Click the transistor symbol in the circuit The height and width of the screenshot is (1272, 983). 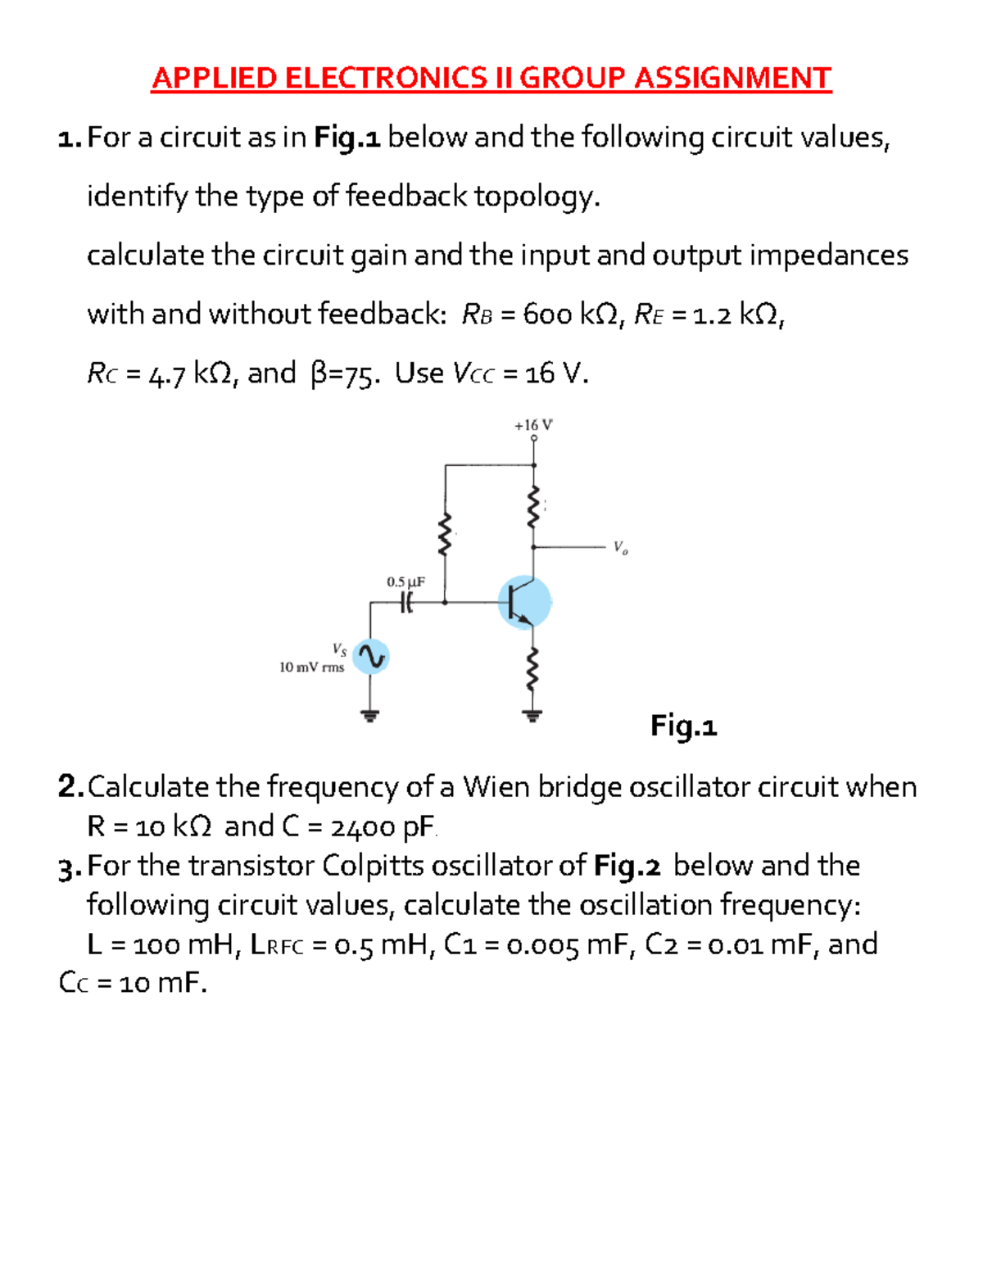click(524, 602)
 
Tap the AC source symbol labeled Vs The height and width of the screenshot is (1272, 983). click(370, 657)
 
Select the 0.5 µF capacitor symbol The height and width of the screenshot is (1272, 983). click(406, 603)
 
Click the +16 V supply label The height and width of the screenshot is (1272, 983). click(533, 425)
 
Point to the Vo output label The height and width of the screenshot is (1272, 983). click(620, 547)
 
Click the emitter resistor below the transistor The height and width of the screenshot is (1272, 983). click(534, 670)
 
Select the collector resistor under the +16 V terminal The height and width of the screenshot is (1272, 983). click(534, 505)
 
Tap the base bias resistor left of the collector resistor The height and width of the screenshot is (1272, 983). click(446, 534)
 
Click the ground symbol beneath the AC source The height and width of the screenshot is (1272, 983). click(370, 716)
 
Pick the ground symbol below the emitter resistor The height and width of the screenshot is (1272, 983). click(534, 717)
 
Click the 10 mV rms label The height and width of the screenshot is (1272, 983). click(311, 668)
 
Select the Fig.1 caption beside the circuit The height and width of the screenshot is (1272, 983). click(683, 726)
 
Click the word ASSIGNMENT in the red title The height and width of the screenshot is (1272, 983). click(732, 79)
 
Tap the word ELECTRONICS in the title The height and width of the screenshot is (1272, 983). click(386, 79)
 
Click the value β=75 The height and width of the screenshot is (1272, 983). click(344, 374)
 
